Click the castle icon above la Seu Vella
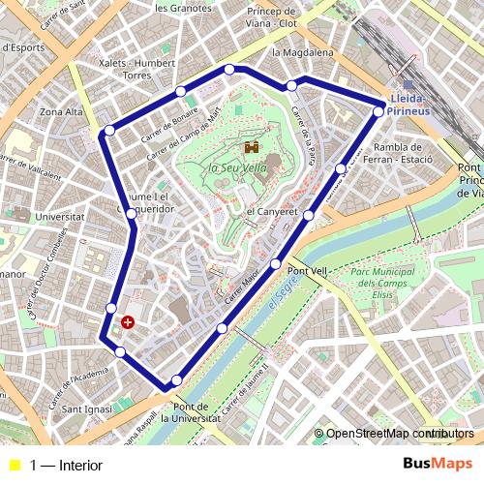252,148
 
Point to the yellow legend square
13,466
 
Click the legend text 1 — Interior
66,466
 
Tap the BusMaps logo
438,464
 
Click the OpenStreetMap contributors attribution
400,434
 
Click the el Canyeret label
270,211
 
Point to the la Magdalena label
303,52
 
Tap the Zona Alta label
61,112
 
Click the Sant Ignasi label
84,408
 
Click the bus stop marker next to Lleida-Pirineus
378,111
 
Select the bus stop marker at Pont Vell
276,263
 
